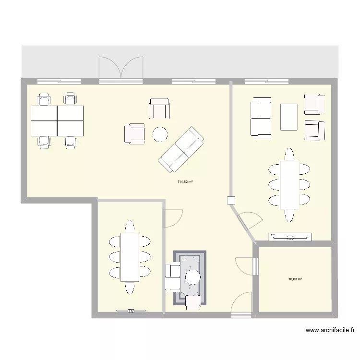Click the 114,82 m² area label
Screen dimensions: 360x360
(x=185, y=182)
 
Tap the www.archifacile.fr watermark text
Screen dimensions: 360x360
(x=330, y=330)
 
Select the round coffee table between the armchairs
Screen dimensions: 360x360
(x=160, y=134)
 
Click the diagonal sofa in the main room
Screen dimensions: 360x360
(x=181, y=150)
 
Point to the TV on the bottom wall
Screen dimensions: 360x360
(x=130, y=311)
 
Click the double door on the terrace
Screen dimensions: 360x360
(x=121, y=67)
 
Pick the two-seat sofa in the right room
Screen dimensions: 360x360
(x=261, y=118)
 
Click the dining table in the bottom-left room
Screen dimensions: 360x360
(x=129, y=257)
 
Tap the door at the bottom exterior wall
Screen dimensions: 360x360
(x=241, y=302)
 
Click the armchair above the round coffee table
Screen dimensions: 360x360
(x=159, y=108)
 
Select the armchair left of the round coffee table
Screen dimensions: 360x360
(x=135, y=133)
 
